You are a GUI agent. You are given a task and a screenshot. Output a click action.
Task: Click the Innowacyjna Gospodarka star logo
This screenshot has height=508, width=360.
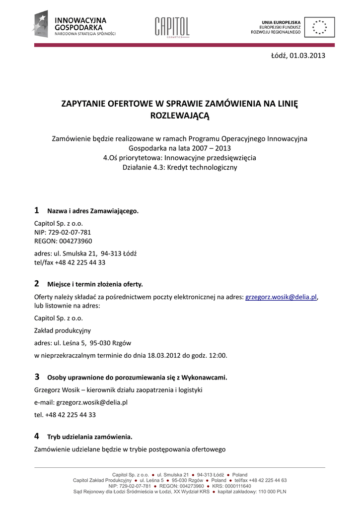point(40,24)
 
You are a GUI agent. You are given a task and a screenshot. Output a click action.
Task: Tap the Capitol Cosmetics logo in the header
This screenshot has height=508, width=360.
point(172,27)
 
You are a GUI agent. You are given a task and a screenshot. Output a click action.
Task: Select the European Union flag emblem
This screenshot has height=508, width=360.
point(319,27)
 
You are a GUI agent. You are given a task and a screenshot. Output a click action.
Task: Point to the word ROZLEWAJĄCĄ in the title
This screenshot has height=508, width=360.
point(180,116)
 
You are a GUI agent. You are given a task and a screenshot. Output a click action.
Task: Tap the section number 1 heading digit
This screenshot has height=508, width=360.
point(36,210)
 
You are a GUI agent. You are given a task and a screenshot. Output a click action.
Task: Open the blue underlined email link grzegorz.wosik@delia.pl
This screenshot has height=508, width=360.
point(281,297)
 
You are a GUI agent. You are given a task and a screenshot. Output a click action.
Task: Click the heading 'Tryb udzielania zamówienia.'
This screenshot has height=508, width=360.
point(90,437)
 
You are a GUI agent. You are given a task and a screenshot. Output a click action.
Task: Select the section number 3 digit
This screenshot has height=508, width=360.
point(36,377)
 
